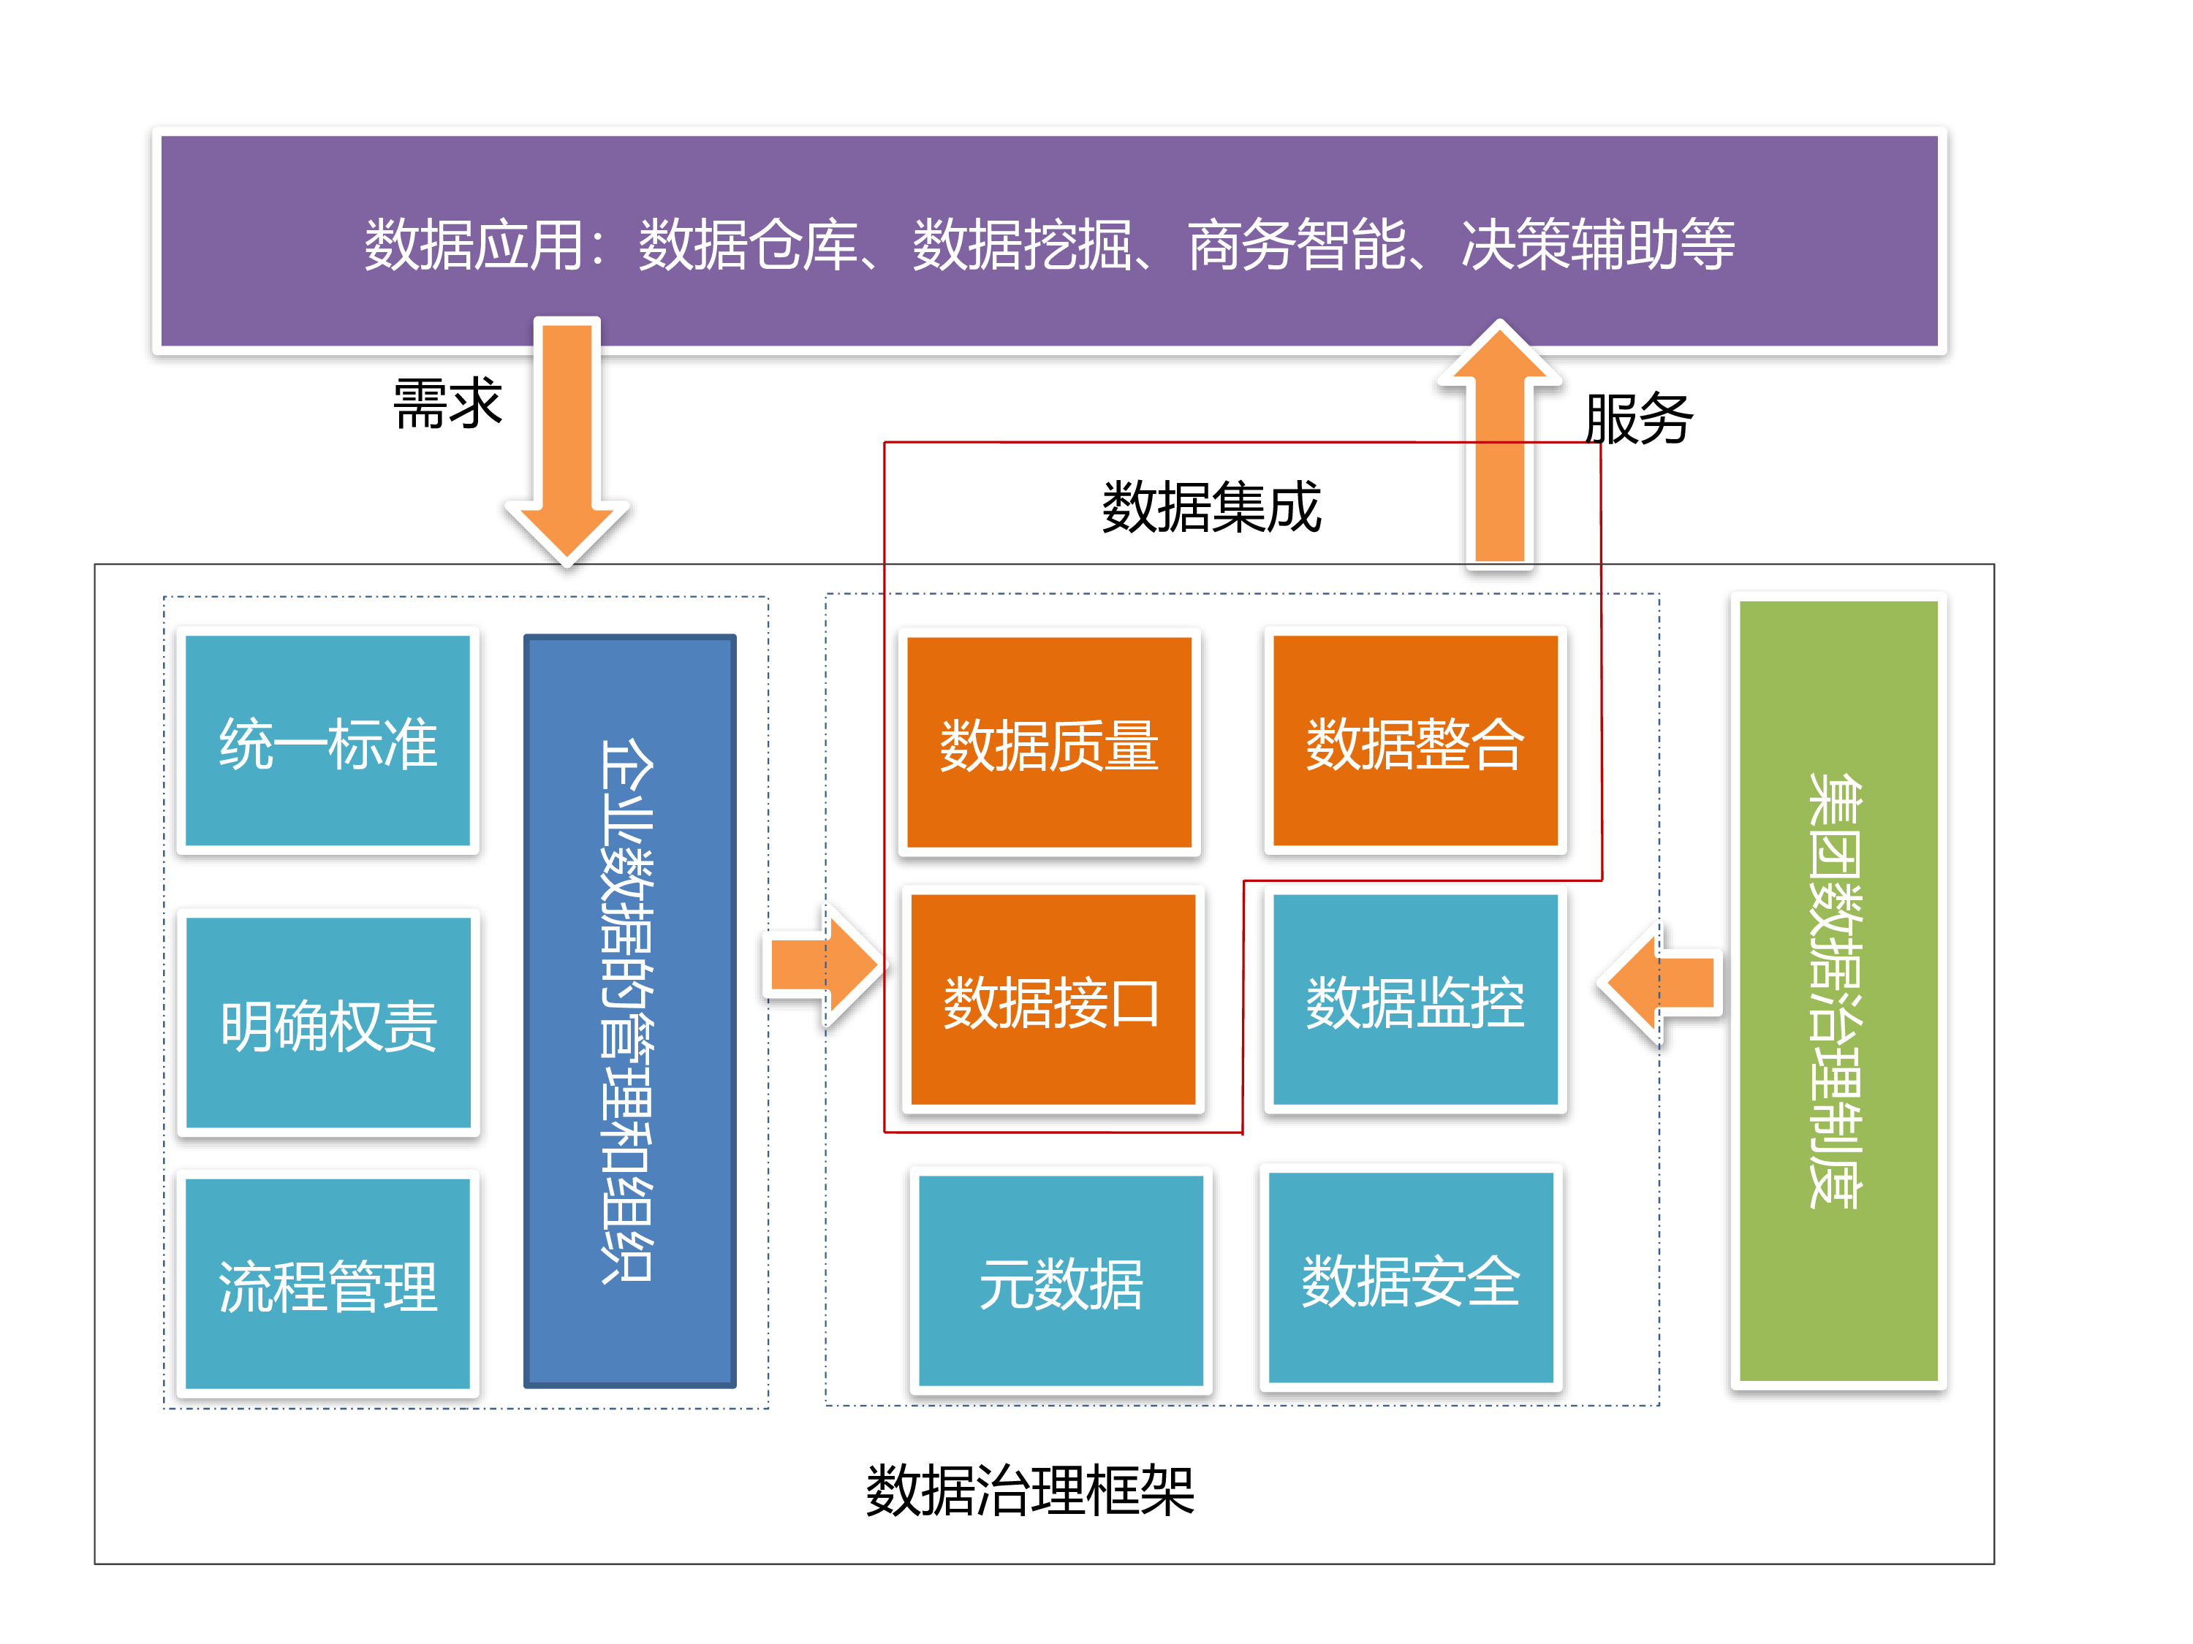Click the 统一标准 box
tap(327, 740)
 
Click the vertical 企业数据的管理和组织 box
tap(629, 1010)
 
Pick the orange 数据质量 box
tap(1049, 742)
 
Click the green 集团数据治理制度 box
tap(1838, 990)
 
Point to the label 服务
tap(1638, 418)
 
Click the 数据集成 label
tap(1211, 506)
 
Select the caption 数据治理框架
tap(1029, 1489)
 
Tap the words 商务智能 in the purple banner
tap(1296, 244)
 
